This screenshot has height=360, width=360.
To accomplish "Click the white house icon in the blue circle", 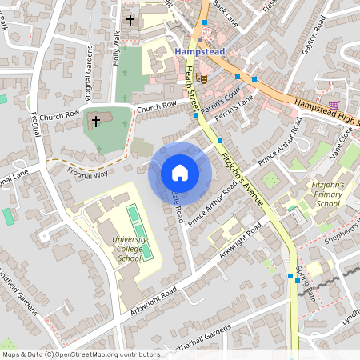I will [x=180, y=172].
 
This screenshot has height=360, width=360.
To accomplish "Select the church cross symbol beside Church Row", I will [x=96, y=122].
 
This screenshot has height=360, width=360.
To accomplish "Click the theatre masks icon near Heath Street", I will [x=202, y=78].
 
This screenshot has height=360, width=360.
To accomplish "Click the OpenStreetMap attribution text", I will [x=80, y=354].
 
